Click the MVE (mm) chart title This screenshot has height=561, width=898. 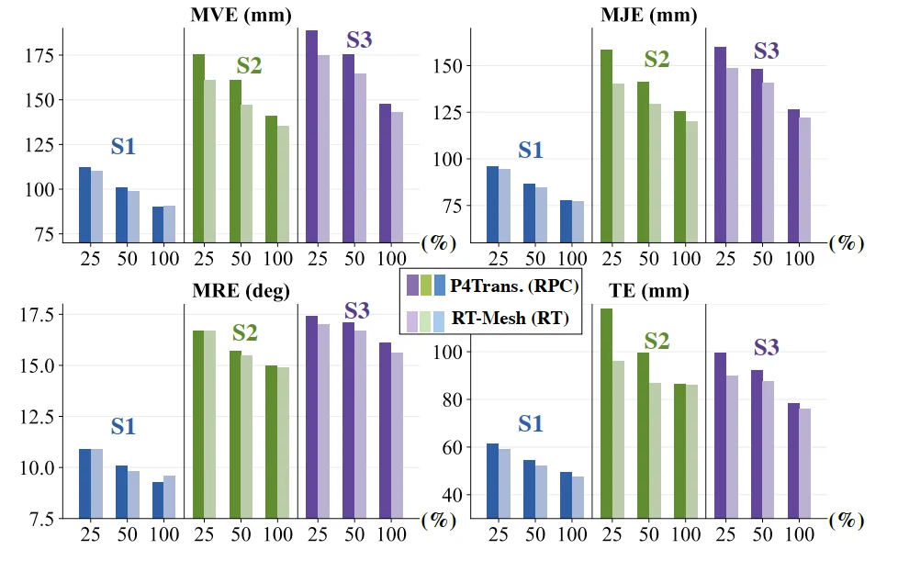(x=241, y=15)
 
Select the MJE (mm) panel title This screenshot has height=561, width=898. (x=647, y=15)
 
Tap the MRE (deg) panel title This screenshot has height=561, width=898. (x=241, y=292)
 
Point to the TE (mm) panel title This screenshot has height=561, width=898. (x=647, y=292)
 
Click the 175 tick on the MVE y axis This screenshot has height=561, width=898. (x=39, y=55)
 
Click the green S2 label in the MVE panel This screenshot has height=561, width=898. (x=250, y=66)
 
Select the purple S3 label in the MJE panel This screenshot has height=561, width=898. (x=766, y=51)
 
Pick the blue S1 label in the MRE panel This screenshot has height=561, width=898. (x=123, y=427)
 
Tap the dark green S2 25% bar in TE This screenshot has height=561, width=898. (x=606, y=413)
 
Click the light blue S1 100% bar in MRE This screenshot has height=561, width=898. (x=169, y=496)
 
